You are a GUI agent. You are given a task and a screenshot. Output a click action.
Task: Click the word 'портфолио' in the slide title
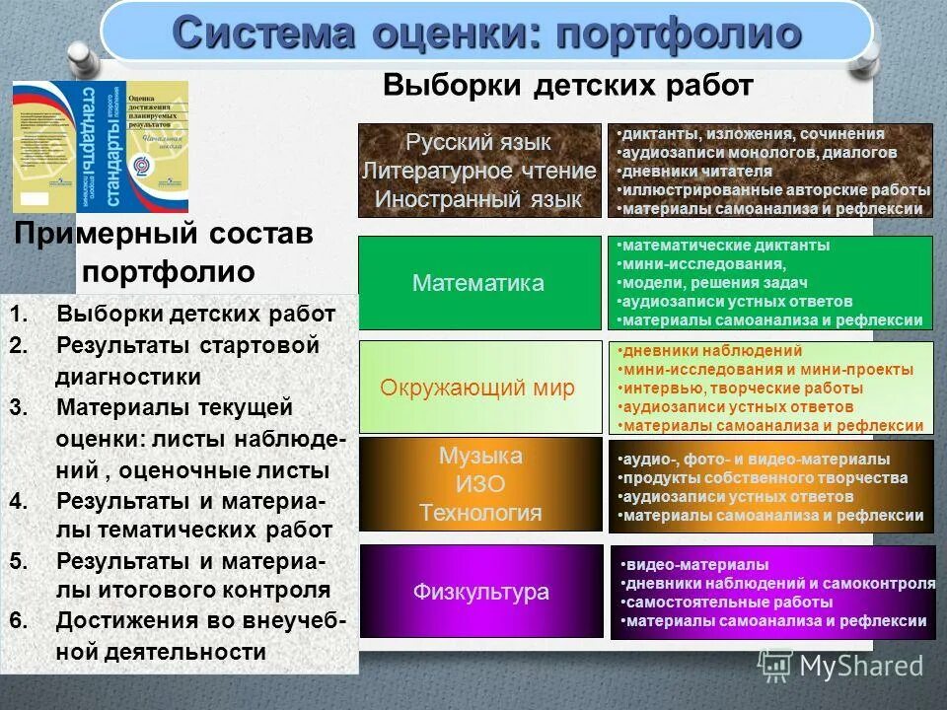(678, 33)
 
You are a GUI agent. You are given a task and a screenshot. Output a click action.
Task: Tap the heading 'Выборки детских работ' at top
(568, 86)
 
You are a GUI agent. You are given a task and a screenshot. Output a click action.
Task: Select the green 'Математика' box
(478, 283)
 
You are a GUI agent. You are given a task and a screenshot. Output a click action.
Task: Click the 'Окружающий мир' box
(478, 388)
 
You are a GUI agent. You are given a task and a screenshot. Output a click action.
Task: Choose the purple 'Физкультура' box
(480, 592)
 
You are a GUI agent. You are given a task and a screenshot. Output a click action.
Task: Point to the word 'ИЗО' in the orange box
(480, 484)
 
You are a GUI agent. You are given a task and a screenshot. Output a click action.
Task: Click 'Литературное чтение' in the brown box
(479, 171)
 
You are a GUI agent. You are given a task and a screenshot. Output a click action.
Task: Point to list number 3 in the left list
(18, 407)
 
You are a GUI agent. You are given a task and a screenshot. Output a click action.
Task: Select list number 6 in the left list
(18, 621)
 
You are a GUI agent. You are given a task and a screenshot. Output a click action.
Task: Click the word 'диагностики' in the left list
(128, 377)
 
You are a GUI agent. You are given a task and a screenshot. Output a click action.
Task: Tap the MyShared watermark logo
(841, 665)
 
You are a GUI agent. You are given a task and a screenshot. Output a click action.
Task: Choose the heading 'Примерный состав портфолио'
(165, 252)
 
